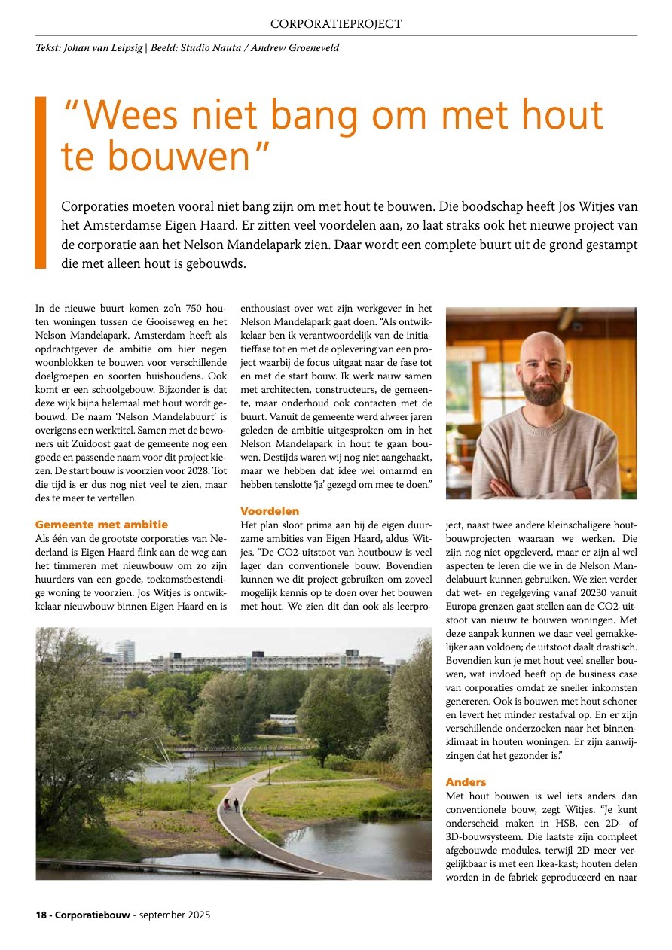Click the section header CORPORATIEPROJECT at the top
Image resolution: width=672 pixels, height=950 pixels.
click(x=336, y=23)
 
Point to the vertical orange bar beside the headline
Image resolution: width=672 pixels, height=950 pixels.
click(x=41, y=182)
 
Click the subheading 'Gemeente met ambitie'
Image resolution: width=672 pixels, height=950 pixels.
click(x=102, y=525)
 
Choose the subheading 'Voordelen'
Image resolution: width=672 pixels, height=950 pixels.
click(x=270, y=511)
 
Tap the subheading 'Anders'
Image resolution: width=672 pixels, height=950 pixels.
click(x=466, y=782)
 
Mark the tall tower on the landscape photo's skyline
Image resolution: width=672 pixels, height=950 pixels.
click(x=125, y=652)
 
